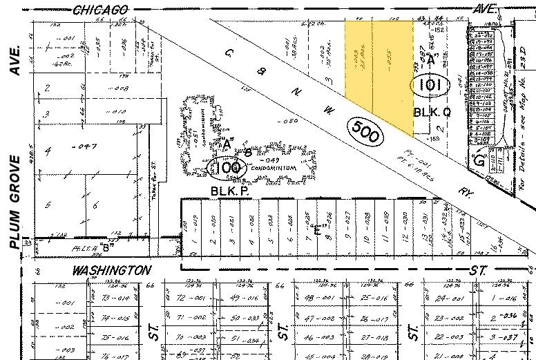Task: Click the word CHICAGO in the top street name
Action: pyautogui.click(x=100, y=9)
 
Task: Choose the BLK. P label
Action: pyautogui.click(x=224, y=189)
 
